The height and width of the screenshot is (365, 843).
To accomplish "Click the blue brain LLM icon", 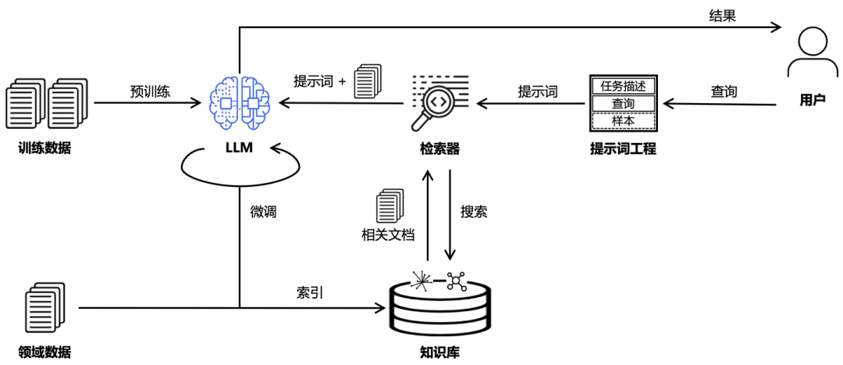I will (x=240, y=102).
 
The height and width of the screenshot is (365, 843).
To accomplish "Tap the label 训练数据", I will (x=44, y=148).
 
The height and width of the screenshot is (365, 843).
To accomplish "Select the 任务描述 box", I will (x=623, y=85).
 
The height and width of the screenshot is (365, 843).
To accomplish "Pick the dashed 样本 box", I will (x=623, y=121).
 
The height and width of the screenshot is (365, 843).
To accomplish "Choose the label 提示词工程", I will (x=623, y=148).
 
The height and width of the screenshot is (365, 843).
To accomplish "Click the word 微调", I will (x=263, y=212).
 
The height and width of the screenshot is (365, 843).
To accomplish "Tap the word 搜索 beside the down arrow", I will (x=474, y=211).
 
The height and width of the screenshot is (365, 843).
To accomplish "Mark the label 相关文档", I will (x=387, y=234).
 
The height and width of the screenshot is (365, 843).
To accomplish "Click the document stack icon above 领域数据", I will (x=44, y=308).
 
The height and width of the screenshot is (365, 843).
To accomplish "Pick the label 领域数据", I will (x=44, y=351).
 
